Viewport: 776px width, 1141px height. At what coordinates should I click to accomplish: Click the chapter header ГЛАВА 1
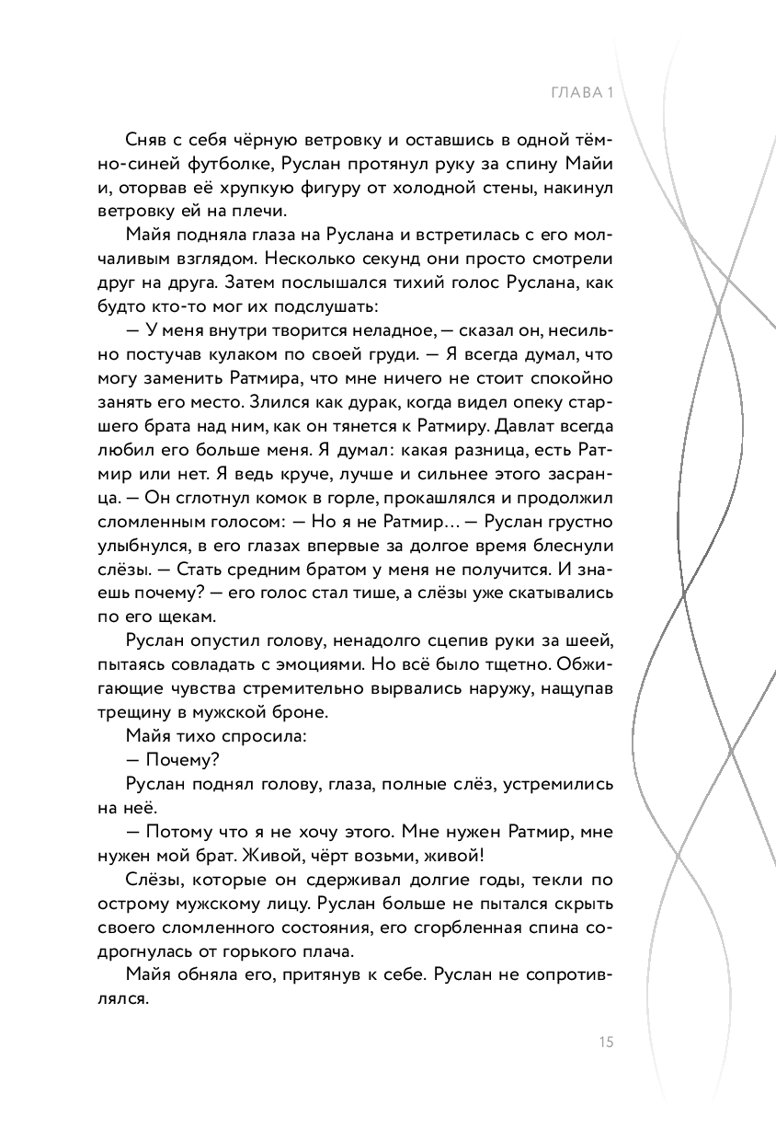click(580, 93)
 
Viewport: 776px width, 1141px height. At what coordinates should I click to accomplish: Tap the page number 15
click(605, 1042)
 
